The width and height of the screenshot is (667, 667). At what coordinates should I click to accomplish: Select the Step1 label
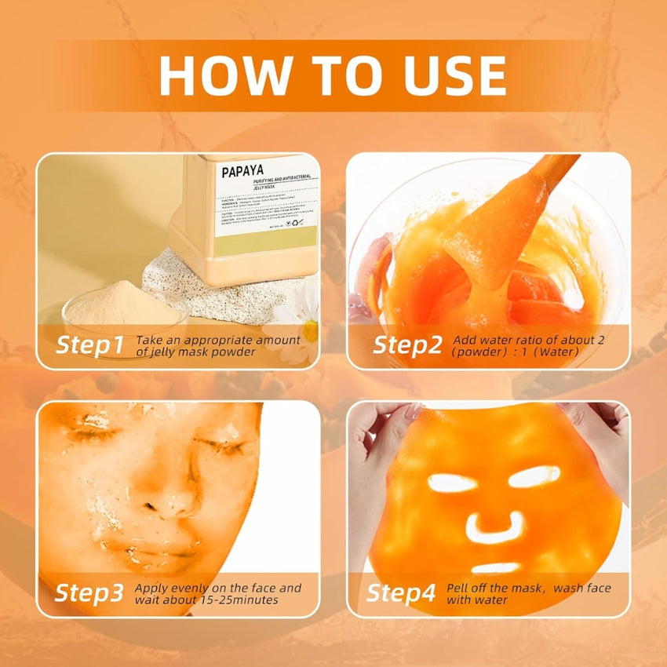pyautogui.click(x=89, y=344)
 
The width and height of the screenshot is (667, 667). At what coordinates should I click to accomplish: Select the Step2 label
pyautogui.click(x=406, y=344)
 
